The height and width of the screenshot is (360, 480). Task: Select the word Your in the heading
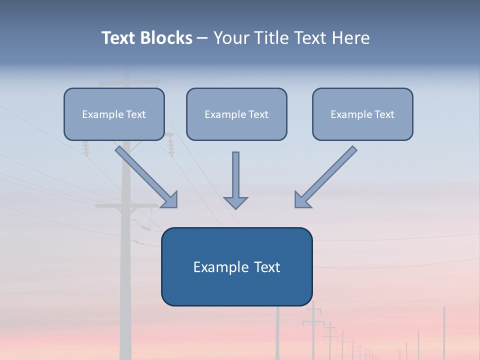[231, 38]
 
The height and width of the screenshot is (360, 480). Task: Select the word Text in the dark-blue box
[267, 267]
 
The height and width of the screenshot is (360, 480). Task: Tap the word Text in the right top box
[384, 114]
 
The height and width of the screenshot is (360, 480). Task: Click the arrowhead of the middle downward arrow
[236, 202]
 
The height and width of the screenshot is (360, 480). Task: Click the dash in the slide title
[202, 38]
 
